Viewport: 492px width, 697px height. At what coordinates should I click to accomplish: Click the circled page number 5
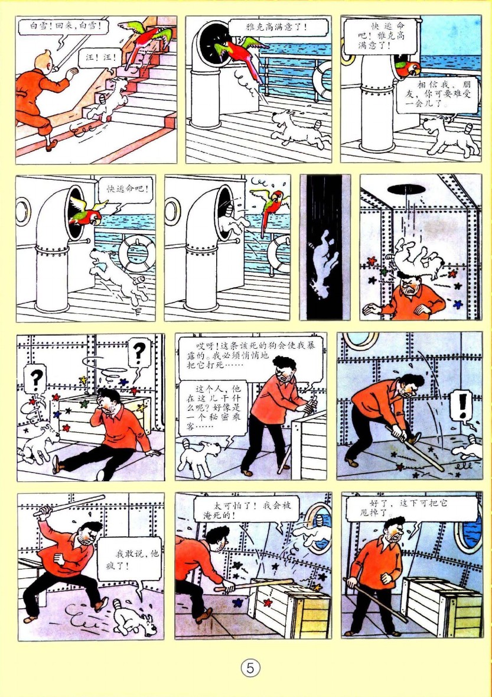tap(250, 667)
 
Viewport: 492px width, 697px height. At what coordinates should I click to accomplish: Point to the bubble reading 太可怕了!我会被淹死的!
tap(247, 510)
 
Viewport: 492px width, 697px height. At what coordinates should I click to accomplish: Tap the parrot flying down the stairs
tap(147, 40)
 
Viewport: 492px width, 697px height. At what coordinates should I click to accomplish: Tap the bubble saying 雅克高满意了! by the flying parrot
tap(278, 27)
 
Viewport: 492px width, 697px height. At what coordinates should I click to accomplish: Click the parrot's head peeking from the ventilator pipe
tap(409, 68)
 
